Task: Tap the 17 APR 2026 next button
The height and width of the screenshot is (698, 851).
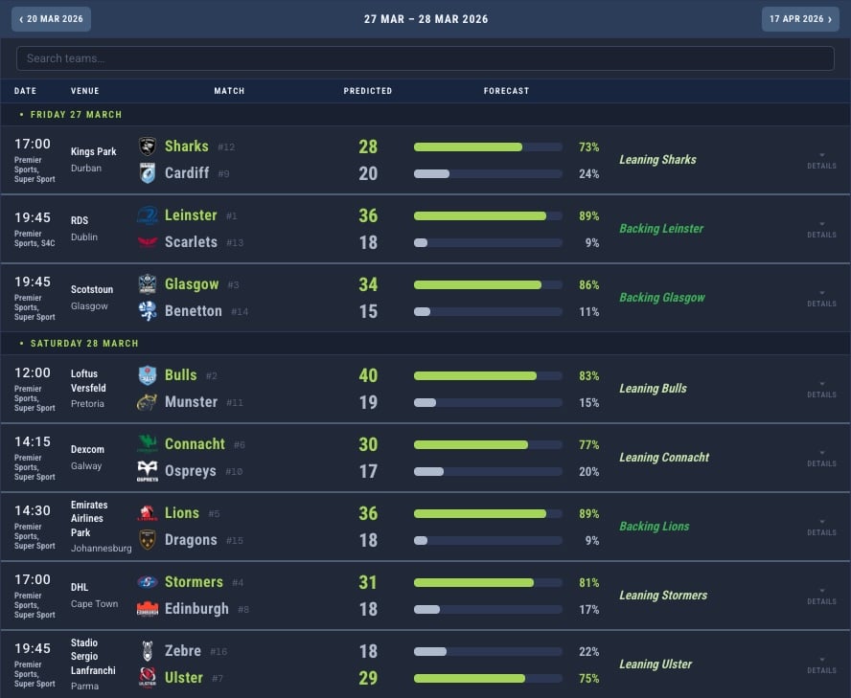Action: coord(800,19)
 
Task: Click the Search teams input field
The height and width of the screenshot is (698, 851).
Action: coord(425,58)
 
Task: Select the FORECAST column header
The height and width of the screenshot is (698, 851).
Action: coord(506,91)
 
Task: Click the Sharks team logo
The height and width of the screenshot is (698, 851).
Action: coord(148,146)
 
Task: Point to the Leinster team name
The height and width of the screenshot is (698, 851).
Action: coord(191,215)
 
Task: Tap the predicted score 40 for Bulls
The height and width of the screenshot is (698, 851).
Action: coord(368,375)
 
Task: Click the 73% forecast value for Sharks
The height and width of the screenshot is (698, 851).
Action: coord(588,147)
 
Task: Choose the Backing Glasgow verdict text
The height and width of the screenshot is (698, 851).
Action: coord(661,298)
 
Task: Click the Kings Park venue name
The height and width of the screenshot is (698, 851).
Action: coord(93,151)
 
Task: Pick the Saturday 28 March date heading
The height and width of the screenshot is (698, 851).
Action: coord(84,343)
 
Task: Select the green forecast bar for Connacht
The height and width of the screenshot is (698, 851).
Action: coord(471,444)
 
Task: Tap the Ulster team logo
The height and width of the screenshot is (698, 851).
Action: coord(148,678)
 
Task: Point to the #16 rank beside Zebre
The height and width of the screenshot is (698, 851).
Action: coord(218,652)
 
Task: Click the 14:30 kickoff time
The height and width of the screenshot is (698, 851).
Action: coord(33,511)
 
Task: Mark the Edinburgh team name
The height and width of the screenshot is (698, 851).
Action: coord(196,609)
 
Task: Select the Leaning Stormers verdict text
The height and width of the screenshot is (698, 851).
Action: coord(662,596)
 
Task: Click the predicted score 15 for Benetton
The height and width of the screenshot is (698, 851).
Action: coord(368,311)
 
